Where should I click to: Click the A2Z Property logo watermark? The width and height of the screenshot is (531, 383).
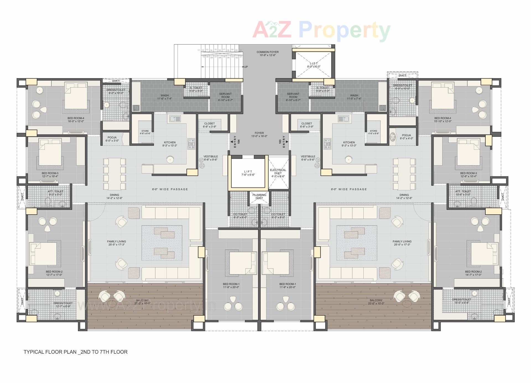(321, 30)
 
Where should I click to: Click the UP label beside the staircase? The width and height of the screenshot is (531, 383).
(246, 67)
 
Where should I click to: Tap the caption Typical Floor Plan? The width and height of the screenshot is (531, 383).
(76, 352)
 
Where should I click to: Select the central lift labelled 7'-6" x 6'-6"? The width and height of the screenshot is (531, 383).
(248, 173)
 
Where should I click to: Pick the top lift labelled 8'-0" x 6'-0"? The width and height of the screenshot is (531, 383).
(314, 65)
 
